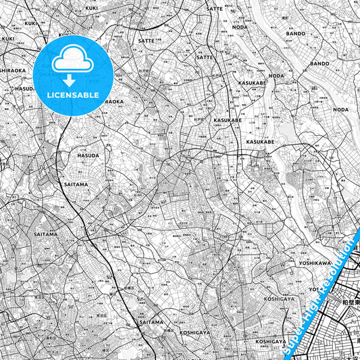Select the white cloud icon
(x=72, y=60)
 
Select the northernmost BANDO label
(x=295, y=32)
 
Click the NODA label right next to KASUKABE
(x=277, y=76)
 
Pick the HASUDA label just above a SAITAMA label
(x=88, y=155)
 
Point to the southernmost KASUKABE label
(x=259, y=143)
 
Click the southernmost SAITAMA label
(x=151, y=322)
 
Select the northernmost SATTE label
(x=214, y=8)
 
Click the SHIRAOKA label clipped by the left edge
(x=12, y=70)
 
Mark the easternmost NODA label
(x=341, y=109)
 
